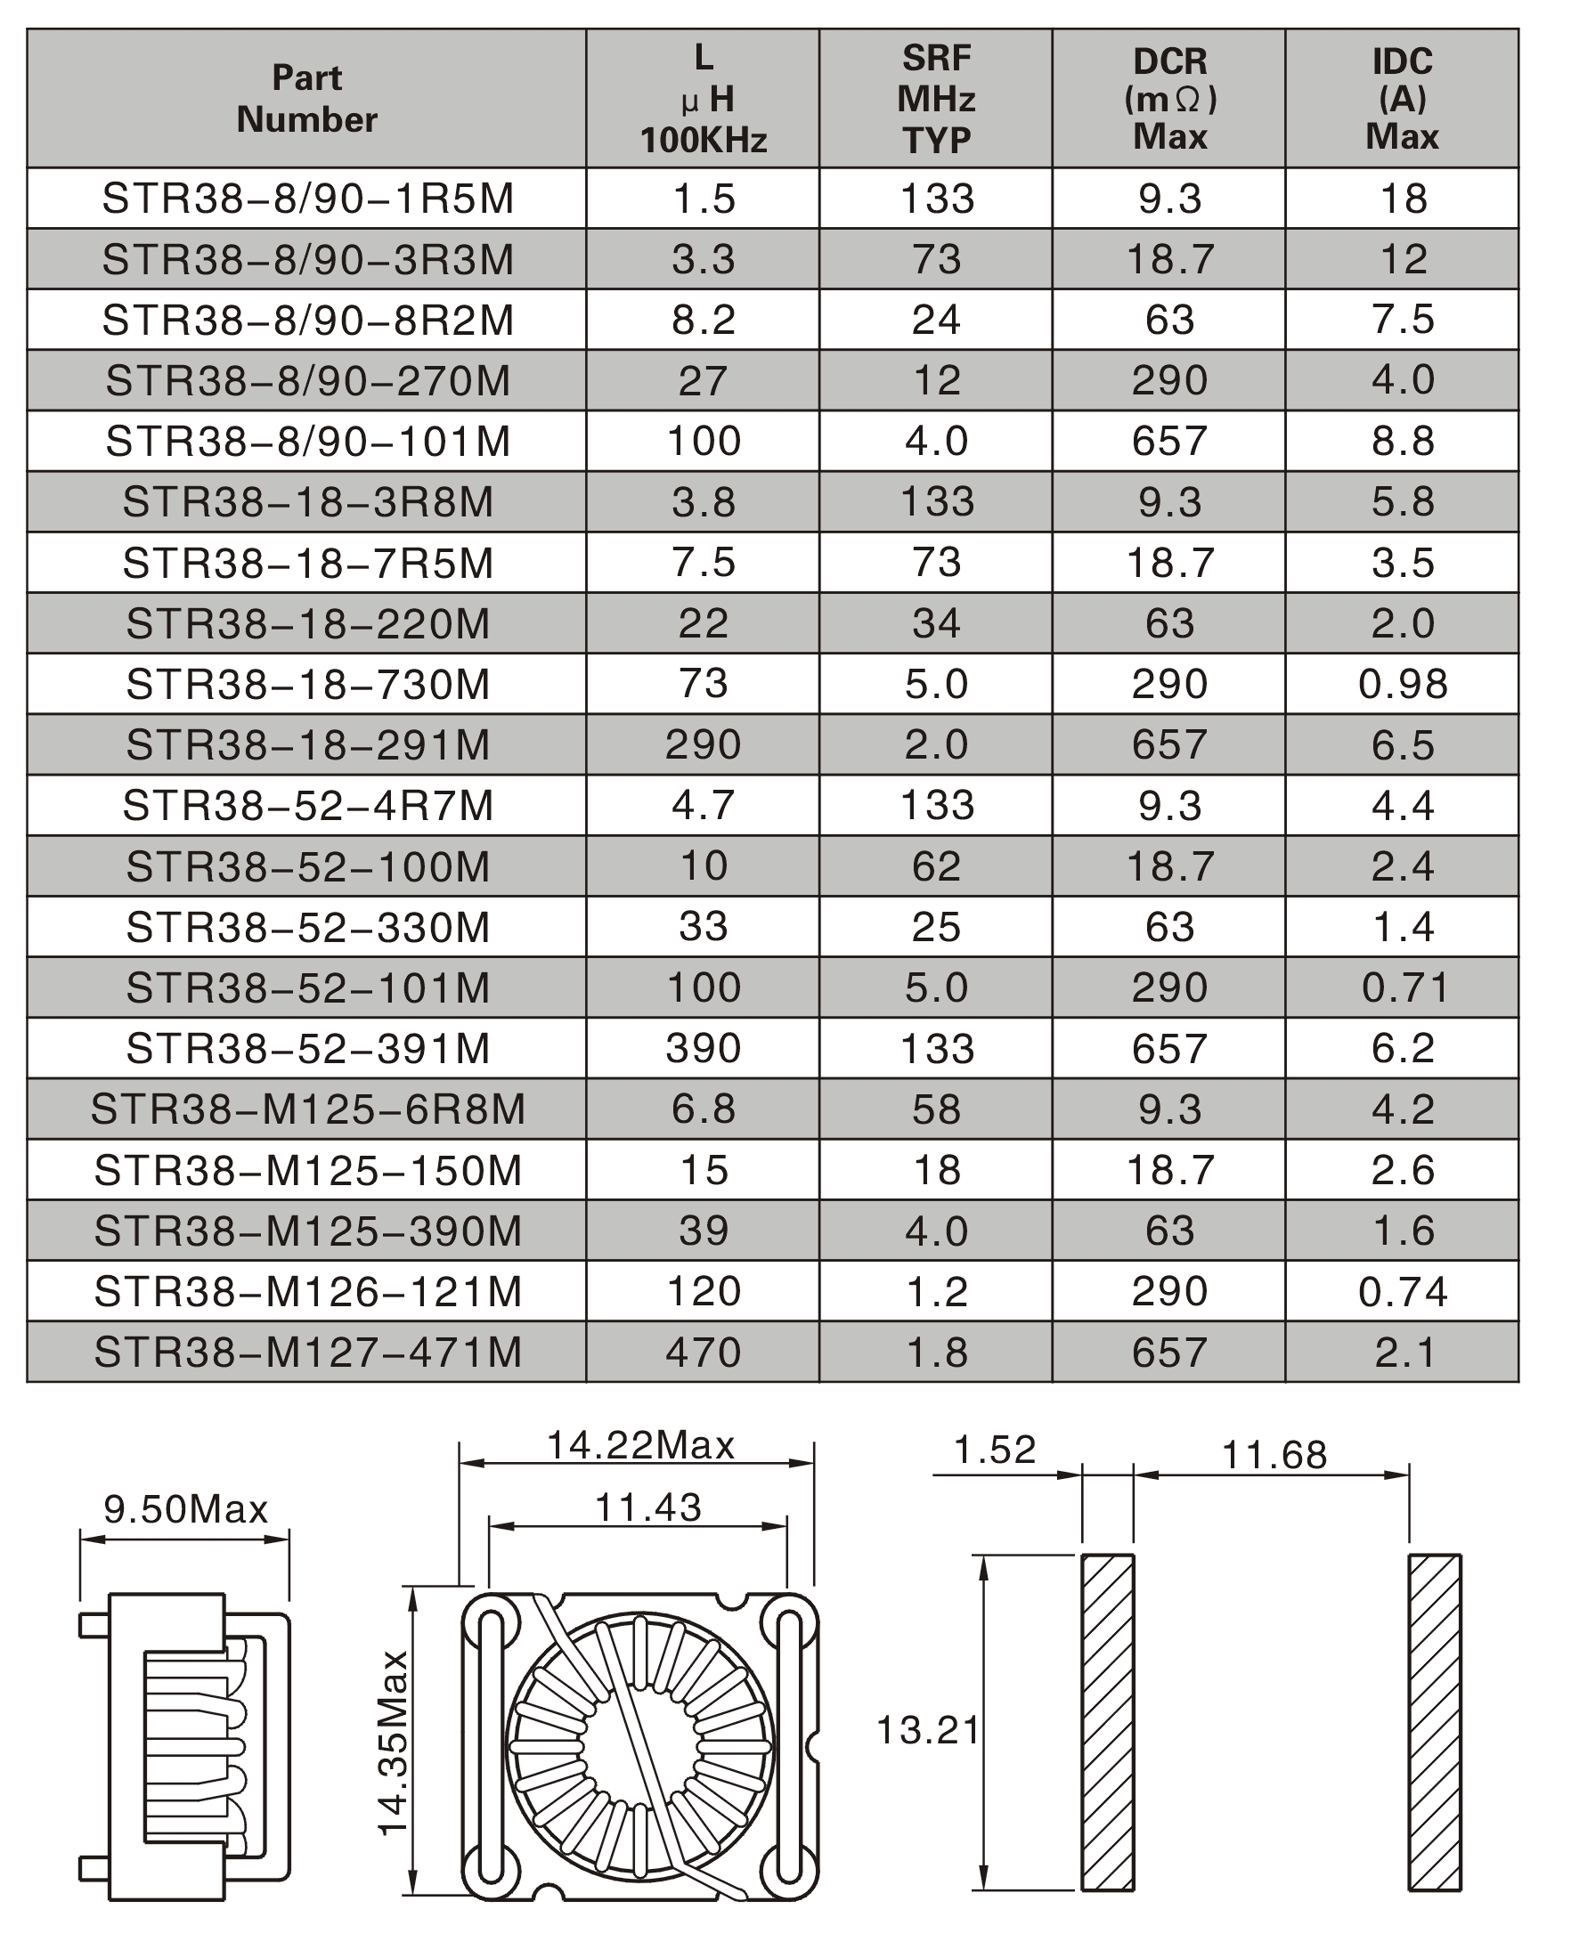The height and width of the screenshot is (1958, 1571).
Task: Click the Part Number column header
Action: (x=307, y=99)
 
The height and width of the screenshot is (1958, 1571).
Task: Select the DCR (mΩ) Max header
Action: (x=1169, y=99)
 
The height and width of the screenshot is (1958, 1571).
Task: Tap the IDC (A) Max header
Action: (x=1402, y=99)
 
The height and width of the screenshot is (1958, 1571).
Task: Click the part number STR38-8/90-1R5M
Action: (x=307, y=199)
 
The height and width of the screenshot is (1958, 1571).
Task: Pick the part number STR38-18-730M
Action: (x=307, y=684)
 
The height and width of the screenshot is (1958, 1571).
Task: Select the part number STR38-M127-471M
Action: (x=307, y=1353)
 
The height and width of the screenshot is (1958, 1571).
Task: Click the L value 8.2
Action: (x=704, y=320)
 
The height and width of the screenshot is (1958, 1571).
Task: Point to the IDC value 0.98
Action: (x=1402, y=684)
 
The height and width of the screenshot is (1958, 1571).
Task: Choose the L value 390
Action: (x=704, y=1048)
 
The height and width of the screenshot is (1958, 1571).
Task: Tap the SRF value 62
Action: (x=936, y=866)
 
